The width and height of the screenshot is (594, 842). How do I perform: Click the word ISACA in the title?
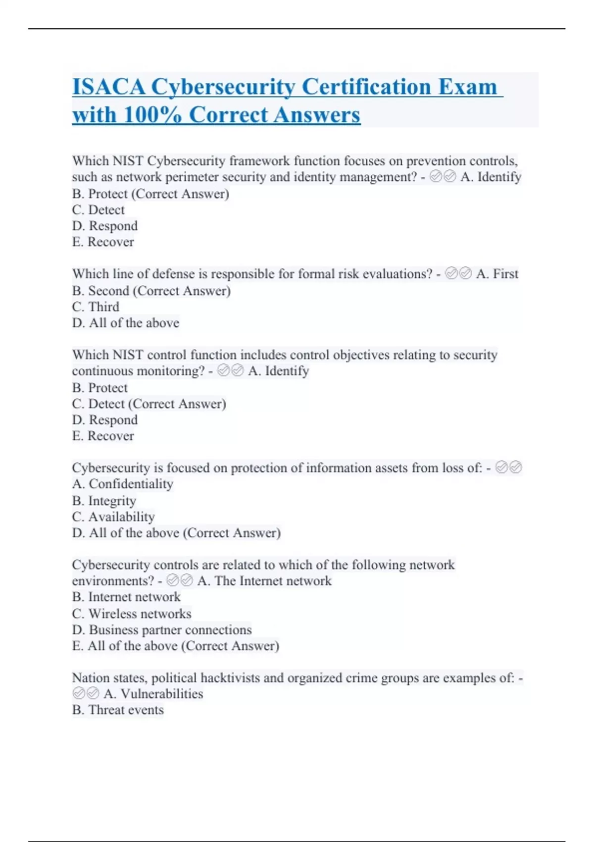click(x=109, y=87)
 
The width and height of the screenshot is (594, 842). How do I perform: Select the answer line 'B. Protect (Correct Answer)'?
click(x=150, y=194)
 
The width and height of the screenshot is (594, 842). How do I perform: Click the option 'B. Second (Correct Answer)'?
click(x=151, y=291)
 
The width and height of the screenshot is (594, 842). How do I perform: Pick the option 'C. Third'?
click(x=96, y=307)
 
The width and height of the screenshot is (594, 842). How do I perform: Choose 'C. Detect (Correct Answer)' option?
click(x=149, y=404)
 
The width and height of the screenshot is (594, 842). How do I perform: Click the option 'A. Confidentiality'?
click(x=122, y=484)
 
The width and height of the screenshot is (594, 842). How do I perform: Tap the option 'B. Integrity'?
click(x=104, y=501)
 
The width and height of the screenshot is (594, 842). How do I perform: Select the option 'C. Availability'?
click(x=113, y=517)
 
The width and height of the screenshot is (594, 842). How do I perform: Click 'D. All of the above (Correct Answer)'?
click(x=176, y=533)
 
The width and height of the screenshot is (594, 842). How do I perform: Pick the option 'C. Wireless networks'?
click(x=132, y=614)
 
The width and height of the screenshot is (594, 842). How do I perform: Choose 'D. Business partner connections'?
click(x=162, y=630)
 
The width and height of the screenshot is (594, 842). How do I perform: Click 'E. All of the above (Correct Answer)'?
click(x=175, y=646)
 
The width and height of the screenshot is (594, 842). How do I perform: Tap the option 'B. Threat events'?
click(x=118, y=710)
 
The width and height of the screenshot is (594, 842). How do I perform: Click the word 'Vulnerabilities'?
click(x=162, y=694)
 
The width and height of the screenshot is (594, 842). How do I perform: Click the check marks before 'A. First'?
click(x=458, y=273)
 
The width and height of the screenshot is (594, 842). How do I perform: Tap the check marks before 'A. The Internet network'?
click(x=180, y=580)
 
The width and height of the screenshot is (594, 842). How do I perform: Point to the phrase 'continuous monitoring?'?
click(x=138, y=371)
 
